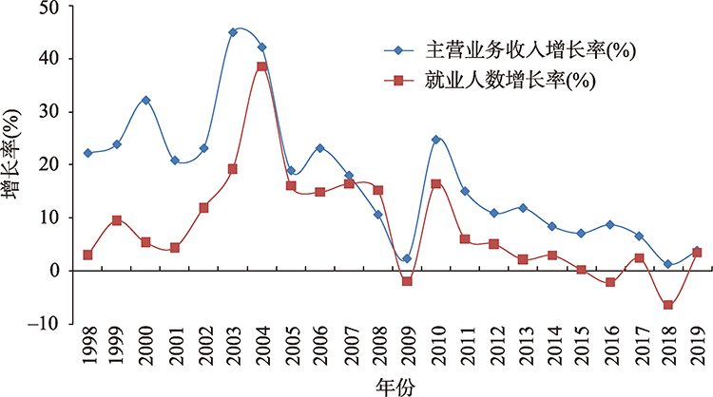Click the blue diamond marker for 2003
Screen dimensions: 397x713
click(233, 32)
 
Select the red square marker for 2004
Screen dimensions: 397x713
click(261, 66)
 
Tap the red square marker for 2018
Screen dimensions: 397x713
click(669, 305)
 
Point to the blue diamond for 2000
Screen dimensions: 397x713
click(145, 101)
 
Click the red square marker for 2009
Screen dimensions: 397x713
click(407, 281)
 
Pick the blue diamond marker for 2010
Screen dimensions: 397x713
click(436, 140)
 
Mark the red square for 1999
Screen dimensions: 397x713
click(116, 220)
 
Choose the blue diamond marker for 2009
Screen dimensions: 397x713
click(407, 258)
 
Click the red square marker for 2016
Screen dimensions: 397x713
click(610, 282)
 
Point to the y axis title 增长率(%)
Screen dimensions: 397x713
click(12, 163)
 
